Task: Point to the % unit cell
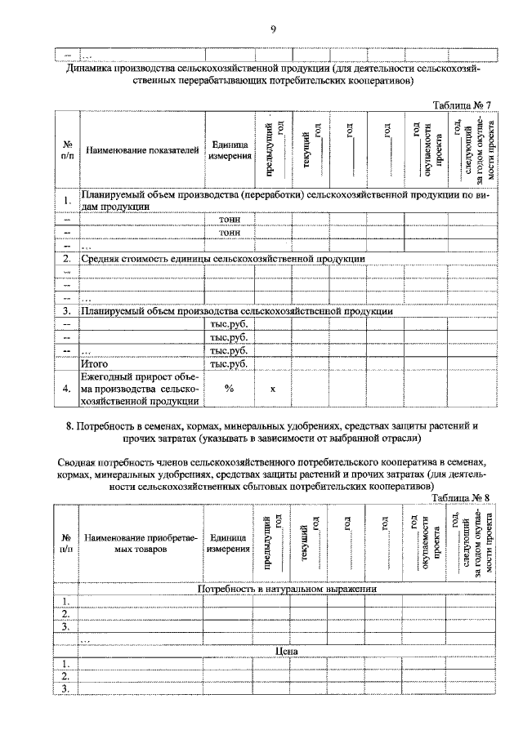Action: pos(229,390)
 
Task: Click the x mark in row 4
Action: pos(273,390)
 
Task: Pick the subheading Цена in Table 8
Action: pos(286,651)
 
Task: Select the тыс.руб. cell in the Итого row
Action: pos(229,363)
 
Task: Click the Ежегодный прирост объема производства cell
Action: pos(141,390)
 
